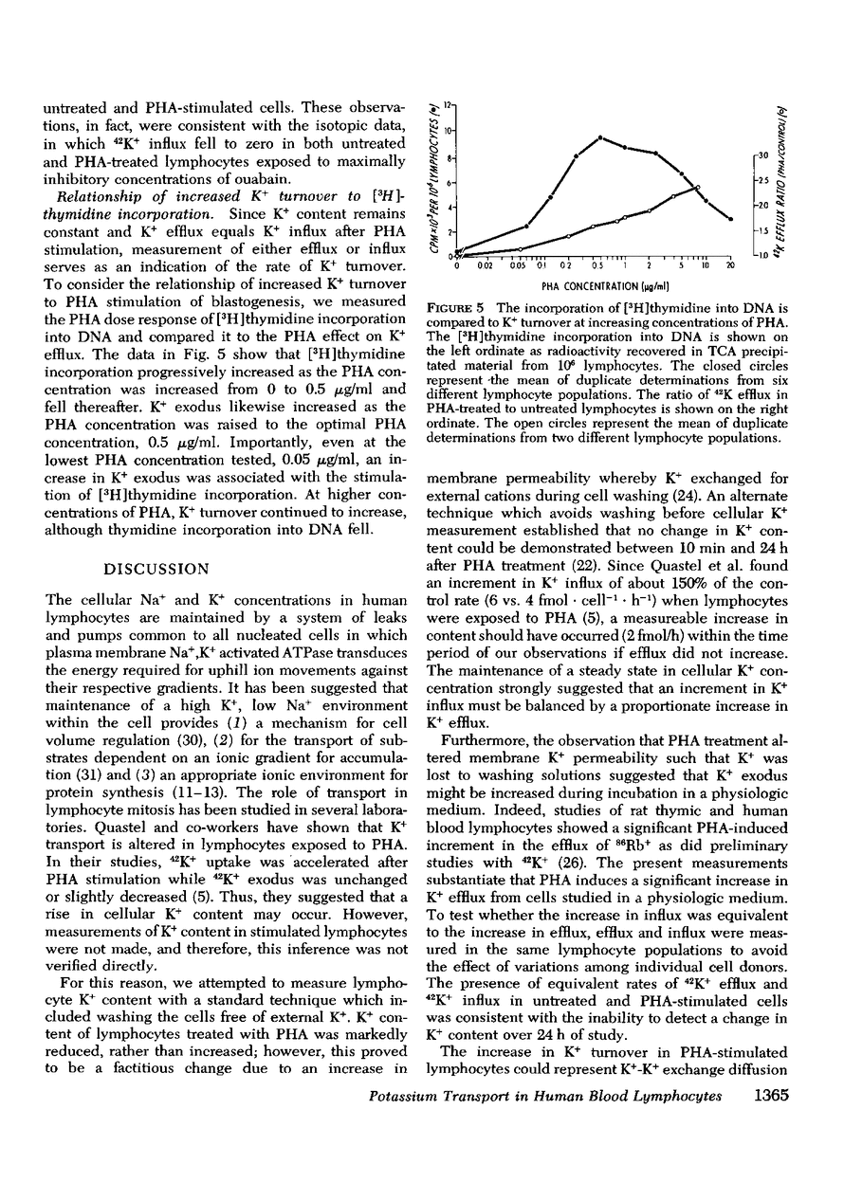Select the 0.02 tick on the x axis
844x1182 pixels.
coord(485,266)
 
